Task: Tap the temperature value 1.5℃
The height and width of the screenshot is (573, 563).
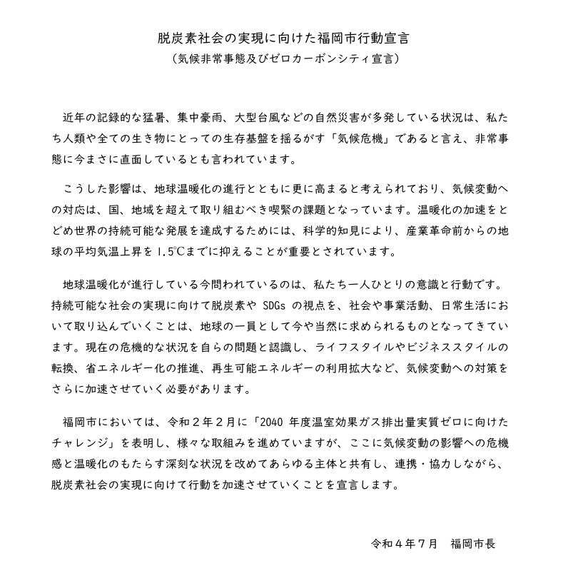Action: pos(172,251)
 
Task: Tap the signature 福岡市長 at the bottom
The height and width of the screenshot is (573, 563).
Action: pos(474,543)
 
